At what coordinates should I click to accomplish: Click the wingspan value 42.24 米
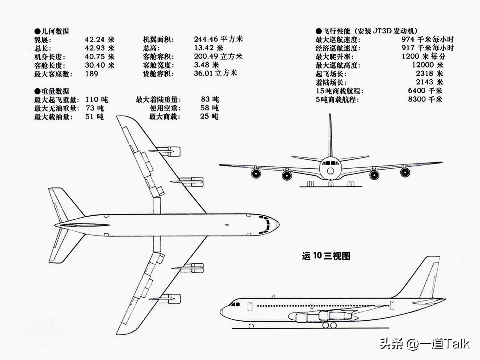coord(100,40)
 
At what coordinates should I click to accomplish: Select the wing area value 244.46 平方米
coord(218,39)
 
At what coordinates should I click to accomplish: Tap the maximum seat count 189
coord(92,74)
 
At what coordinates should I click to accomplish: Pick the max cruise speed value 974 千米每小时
coord(427,39)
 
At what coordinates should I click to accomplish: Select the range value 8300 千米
coord(425,99)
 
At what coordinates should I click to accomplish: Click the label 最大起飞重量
coord(56,100)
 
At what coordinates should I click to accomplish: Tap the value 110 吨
coord(96,100)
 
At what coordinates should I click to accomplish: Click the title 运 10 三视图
coord(326,256)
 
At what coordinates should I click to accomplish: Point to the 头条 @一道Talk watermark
coord(424,344)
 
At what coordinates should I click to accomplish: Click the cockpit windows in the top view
coord(266,225)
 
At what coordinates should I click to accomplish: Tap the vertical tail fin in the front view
coord(330,134)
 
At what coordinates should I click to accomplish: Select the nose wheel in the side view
coord(251,326)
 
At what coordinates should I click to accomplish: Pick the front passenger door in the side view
coord(250,306)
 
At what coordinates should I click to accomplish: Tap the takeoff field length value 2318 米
coord(429,74)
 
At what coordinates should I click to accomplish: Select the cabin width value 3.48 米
coord(206,65)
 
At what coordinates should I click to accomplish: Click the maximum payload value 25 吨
coord(209,116)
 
